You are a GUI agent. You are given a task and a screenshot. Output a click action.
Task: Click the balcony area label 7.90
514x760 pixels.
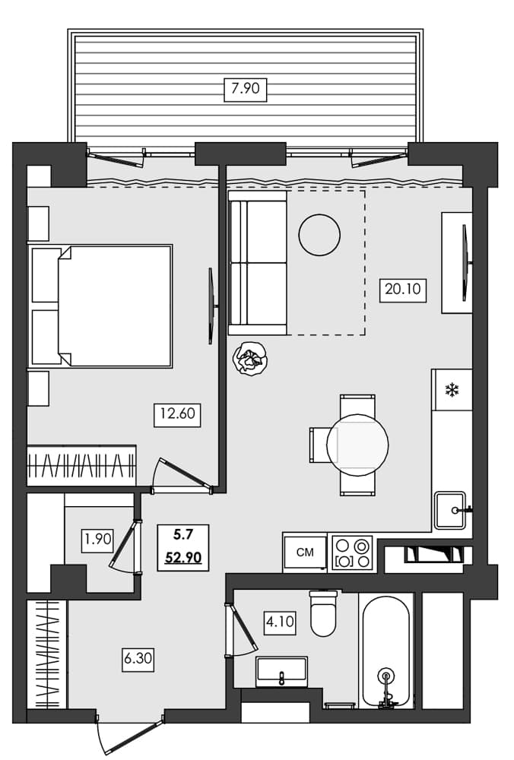246,89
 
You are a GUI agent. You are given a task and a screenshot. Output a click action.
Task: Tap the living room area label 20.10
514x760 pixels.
403,290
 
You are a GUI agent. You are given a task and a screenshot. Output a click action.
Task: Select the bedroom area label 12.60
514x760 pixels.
176,415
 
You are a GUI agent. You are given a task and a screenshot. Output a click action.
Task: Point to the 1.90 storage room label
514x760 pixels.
98,540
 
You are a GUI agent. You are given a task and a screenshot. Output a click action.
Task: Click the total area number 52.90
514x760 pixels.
183,558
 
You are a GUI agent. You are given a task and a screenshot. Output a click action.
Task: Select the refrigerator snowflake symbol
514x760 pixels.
452,391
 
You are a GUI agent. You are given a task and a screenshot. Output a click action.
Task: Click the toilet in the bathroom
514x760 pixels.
323,614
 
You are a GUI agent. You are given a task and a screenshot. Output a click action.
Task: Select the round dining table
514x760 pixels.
357,445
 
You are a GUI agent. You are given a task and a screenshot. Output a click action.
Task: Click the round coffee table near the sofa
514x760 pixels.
319,235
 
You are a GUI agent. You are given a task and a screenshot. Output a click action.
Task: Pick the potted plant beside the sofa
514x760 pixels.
251,358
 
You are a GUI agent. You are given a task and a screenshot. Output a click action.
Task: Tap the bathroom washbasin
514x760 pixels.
281,671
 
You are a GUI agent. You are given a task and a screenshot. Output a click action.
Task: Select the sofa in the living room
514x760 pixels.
258,263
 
